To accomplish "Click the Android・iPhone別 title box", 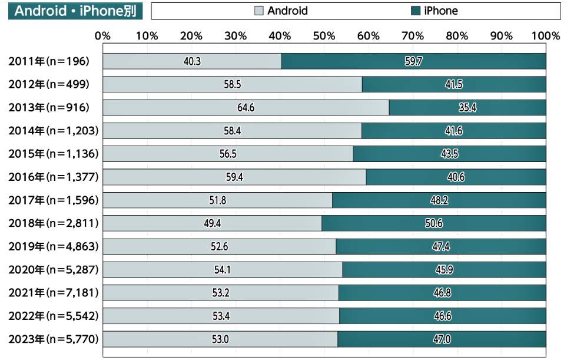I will [75, 11].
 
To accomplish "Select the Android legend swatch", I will [258, 11].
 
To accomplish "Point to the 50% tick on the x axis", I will [324, 36].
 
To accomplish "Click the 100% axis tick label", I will [545, 36].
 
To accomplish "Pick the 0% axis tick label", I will [103, 36].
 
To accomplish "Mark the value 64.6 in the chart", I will [246, 108].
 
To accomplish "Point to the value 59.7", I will [413, 61].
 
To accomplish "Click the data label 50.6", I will [433, 223].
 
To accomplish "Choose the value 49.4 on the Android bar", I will [212, 223].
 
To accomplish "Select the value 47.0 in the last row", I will [442, 339].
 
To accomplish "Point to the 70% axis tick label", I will [412, 36].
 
